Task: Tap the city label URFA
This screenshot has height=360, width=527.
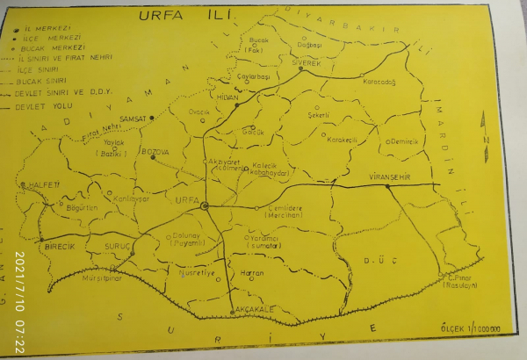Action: point(186,200)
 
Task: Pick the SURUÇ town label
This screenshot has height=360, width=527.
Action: point(118,247)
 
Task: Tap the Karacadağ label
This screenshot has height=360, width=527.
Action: point(380,83)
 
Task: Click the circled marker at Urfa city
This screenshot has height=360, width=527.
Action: point(205,205)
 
